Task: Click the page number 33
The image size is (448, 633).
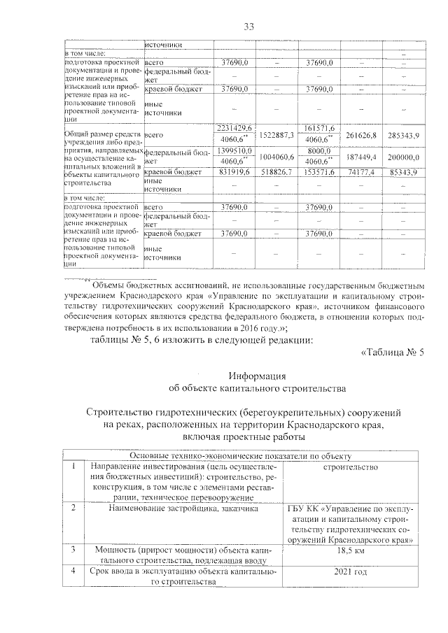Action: coord(247,27)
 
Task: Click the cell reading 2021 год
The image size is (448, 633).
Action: coord(351,572)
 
